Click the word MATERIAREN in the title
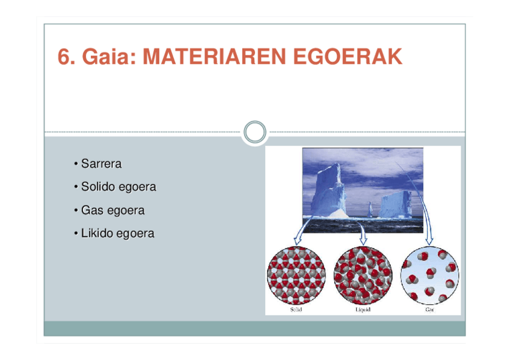click(214, 56)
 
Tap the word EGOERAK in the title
click(348, 56)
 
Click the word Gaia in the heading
click(109, 57)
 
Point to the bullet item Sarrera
click(101, 163)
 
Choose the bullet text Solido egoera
click(118, 187)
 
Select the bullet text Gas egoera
click(113, 210)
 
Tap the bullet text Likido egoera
click(118, 234)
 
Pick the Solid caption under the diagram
click(296, 310)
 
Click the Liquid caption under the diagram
click(363, 310)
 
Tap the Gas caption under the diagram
click(429, 310)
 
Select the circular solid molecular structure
click(296, 275)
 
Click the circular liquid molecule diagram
click(363, 275)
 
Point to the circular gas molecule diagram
click(429, 275)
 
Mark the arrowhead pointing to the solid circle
click(297, 241)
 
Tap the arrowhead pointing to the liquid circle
click(363, 241)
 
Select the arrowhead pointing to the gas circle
click(429, 241)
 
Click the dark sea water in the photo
click(363, 225)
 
